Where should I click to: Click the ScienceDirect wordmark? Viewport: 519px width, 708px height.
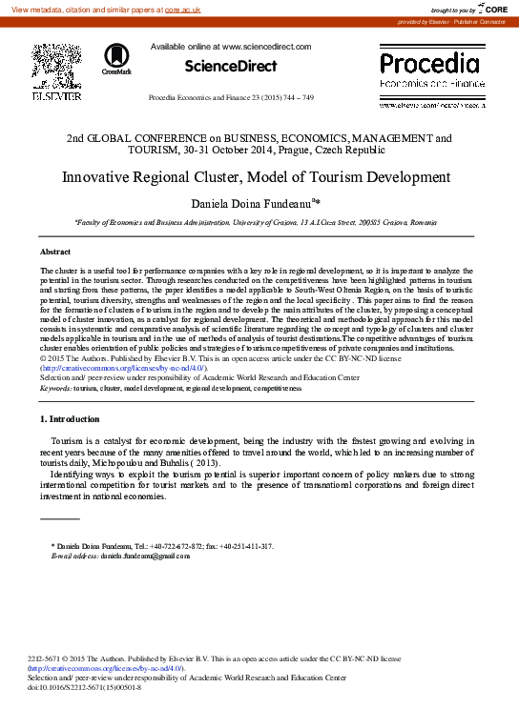click(230, 67)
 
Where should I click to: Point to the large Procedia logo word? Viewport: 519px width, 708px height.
click(429, 64)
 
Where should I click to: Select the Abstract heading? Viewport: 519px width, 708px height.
click(55, 252)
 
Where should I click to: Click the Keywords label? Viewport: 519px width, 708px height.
click(55, 389)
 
